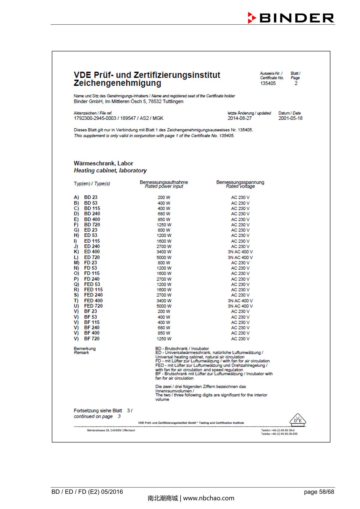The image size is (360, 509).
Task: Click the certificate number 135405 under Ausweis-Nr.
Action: tap(268, 83)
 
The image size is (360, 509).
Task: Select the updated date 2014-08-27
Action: tap(239, 118)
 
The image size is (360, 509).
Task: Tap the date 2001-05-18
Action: tap(290, 118)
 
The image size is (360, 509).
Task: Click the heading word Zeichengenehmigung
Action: tap(117, 83)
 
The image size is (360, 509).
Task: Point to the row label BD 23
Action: tap(91, 197)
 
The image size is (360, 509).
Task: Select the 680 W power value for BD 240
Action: tap(164, 214)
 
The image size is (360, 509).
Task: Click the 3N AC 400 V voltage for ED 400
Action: tap(240, 252)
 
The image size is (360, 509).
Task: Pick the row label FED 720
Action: tap(93, 306)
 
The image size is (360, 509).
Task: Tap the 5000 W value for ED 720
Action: tap(164, 257)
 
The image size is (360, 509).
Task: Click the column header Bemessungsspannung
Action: tap(240, 182)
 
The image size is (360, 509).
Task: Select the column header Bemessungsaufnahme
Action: tap(164, 182)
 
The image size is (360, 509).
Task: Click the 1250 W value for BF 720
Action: tap(164, 339)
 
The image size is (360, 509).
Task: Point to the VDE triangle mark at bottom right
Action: tap(298, 420)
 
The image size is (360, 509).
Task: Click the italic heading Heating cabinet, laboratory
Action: tap(110, 171)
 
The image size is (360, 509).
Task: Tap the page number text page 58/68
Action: tap(319, 492)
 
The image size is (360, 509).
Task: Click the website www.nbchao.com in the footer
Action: tap(208, 498)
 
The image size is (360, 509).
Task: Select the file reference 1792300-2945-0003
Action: tap(95, 118)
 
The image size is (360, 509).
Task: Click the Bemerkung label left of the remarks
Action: tap(85, 349)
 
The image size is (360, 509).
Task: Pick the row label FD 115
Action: tap(91, 273)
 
